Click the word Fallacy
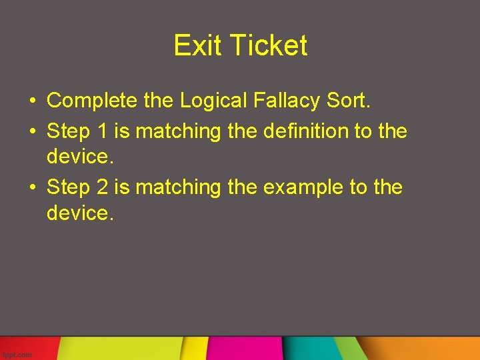(287, 101)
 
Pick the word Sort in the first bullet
(347, 101)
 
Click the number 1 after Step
(102, 131)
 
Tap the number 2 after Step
(102, 187)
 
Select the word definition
(305, 131)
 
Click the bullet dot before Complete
(32, 101)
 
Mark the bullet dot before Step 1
(32, 131)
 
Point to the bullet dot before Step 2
(32, 188)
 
